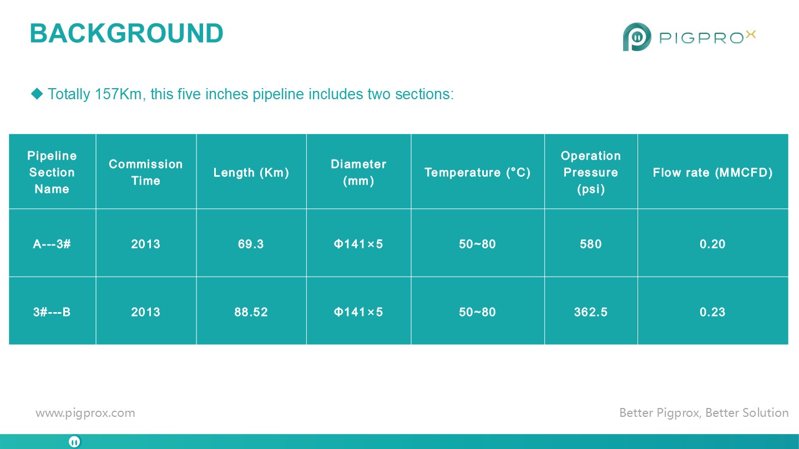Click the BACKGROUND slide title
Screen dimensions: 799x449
127,33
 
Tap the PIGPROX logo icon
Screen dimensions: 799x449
637,37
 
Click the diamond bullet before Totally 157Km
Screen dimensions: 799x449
37,94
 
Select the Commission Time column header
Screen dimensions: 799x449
145,172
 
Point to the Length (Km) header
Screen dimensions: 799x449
251,172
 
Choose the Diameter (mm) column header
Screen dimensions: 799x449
358,172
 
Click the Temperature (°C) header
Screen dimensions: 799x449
477,172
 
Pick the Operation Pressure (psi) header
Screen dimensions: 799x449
591,172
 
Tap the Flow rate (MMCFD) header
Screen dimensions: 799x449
712,172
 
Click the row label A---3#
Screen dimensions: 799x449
52,244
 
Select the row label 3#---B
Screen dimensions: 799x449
52,312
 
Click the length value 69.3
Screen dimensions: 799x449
251,244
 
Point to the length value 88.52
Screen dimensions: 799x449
251,312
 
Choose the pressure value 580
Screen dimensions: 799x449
591,244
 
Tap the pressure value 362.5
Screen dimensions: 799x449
591,312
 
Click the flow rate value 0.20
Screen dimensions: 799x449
712,244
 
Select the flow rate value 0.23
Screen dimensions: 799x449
712,312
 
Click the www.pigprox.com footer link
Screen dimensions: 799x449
85,413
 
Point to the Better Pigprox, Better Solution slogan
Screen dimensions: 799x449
704,412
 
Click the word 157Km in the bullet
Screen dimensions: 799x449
118,94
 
